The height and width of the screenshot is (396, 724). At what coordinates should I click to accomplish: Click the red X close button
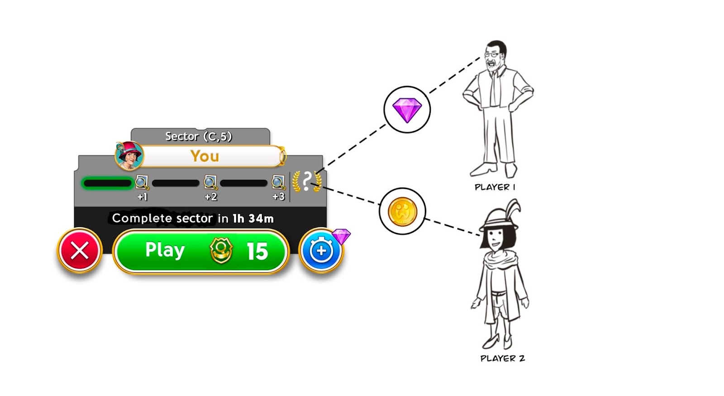80,251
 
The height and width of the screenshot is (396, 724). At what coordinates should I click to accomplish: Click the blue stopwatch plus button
321,251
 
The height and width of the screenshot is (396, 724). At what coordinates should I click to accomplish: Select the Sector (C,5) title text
198,136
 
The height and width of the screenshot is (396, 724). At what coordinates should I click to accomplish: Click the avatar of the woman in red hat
129,155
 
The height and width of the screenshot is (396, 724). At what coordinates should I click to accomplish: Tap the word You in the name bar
205,156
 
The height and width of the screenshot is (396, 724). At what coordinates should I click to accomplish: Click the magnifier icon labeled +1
142,183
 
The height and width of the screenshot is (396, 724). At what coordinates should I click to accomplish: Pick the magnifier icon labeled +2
210,183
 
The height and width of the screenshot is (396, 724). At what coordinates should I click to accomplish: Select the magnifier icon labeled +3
278,183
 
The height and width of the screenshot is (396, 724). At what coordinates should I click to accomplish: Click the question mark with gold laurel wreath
307,182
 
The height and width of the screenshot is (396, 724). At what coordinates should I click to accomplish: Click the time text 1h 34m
253,218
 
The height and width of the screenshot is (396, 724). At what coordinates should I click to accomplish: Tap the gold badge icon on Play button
221,251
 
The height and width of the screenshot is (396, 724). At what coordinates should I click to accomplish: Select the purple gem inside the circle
407,110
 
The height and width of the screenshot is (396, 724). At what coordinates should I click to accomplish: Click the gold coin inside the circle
402,211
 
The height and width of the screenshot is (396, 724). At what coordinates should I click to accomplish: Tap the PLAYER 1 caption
495,187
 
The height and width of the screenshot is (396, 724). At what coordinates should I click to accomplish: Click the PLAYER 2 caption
502,358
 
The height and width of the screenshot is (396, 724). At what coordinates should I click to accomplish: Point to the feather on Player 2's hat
513,209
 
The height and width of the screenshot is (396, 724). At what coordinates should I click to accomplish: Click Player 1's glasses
492,54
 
